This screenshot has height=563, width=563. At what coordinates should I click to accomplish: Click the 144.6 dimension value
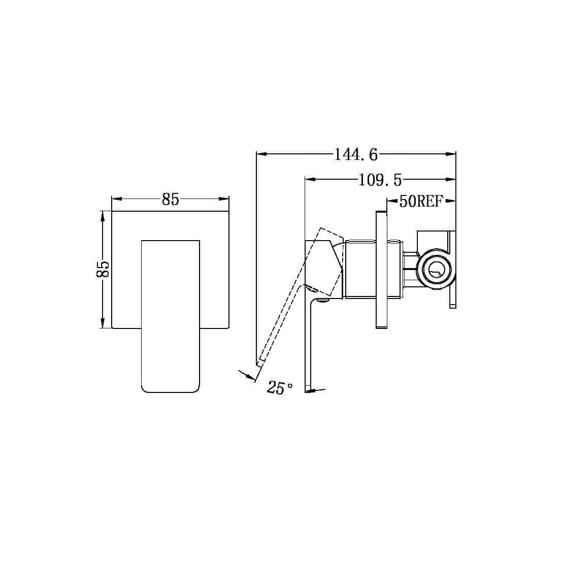pyautogui.click(x=355, y=154)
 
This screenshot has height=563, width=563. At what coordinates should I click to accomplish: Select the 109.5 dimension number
pyautogui.click(x=380, y=179)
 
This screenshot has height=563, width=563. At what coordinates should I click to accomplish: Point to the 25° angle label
pyautogui.click(x=280, y=388)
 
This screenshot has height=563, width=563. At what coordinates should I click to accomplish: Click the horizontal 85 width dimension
pyautogui.click(x=171, y=200)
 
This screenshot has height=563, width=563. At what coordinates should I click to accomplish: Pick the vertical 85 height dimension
pyautogui.click(x=103, y=269)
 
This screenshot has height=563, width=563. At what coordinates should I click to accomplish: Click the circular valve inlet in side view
pyautogui.click(x=435, y=268)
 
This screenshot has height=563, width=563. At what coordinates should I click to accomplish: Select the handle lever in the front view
pyautogui.click(x=170, y=315)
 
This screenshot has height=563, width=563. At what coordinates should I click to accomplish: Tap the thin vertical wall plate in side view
pyautogui.click(x=381, y=270)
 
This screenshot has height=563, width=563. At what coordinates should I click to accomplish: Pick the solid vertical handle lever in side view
pyautogui.click(x=308, y=345)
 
